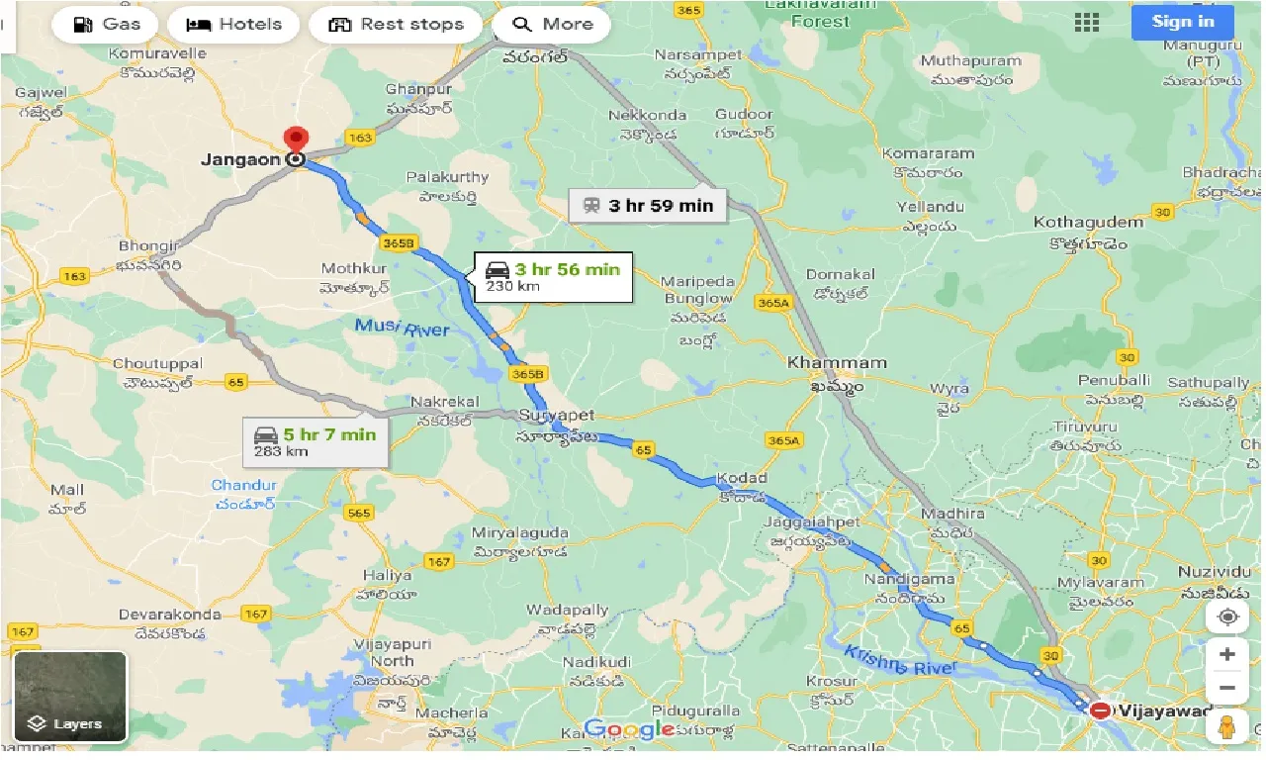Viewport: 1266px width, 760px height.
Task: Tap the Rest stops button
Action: pyautogui.click(x=396, y=24)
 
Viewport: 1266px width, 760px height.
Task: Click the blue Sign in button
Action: pyautogui.click(x=1183, y=22)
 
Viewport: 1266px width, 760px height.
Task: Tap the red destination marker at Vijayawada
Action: pyautogui.click(x=1100, y=711)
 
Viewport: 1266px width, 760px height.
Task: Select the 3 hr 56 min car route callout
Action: pyautogui.click(x=553, y=277)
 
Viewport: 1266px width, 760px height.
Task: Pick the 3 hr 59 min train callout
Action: pyautogui.click(x=648, y=206)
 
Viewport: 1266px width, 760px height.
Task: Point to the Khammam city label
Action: pyautogui.click(x=837, y=363)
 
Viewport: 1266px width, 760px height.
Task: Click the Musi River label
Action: pyautogui.click(x=402, y=329)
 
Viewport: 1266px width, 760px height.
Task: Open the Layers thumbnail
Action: pyautogui.click(x=70, y=696)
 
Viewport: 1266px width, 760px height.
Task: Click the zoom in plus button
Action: pyautogui.click(x=1227, y=654)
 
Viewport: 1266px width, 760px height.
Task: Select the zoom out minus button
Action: pyautogui.click(x=1227, y=688)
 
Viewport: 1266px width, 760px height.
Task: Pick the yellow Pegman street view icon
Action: pyautogui.click(x=1227, y=725)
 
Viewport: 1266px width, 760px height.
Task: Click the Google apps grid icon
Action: pyautogui.click(x=1087, y=23)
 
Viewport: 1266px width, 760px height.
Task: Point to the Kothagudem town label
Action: pyautogui.click(x=1088, y=223)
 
